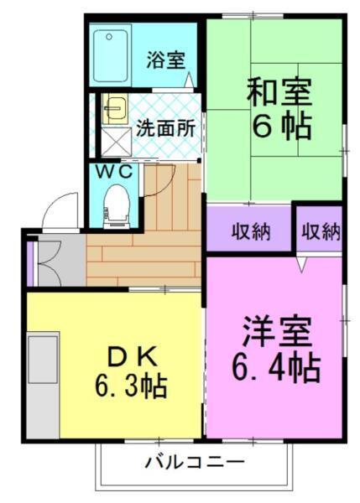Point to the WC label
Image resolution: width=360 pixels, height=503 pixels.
[x=112, y=171]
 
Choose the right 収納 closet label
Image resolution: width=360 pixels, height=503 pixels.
[x=320, y=231]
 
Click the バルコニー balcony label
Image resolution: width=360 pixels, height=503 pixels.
[x=194, y=462]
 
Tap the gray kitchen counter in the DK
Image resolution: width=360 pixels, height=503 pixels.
[x=42, y=373]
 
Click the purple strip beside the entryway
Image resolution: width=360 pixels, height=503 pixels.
[x=30, y=262]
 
